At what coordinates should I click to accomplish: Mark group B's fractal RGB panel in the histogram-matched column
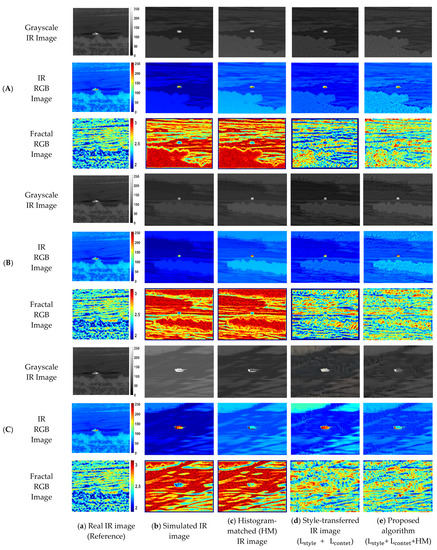point(253,313)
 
